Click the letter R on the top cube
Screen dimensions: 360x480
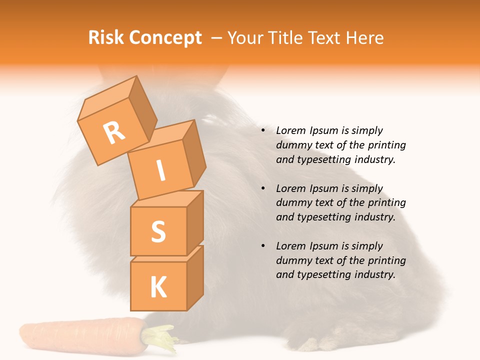pos(114,132)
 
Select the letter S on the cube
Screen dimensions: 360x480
pos(158,231)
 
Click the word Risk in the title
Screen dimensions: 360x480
pos(105,38)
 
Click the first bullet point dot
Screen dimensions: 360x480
pos(263,131)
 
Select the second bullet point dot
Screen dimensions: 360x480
pos(263,188)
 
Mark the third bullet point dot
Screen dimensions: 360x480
pos(263,246)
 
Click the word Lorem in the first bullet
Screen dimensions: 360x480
pos(290,131)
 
